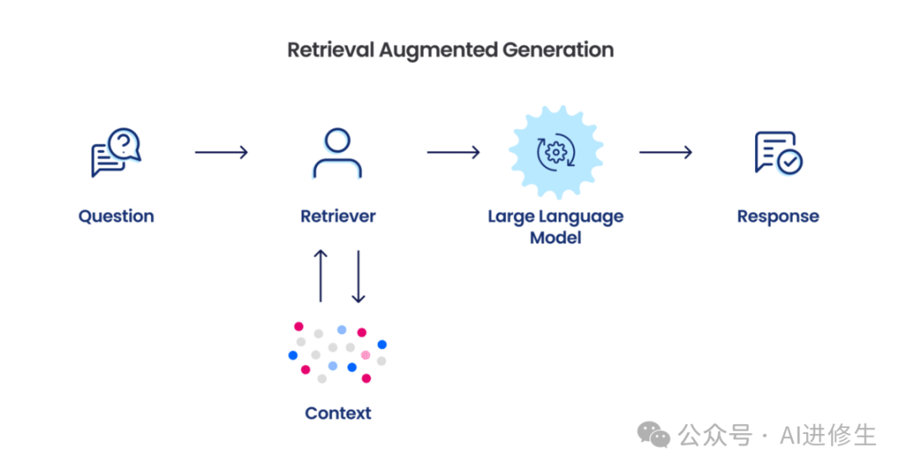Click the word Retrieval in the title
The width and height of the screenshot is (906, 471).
click(x=331, y=50)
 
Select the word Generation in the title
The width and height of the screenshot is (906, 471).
click(x=558, y=50)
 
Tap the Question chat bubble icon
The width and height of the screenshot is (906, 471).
click(x=116, y=152)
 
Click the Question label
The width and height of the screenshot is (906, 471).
click(x=116, y=216)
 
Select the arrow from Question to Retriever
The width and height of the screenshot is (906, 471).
click(x=221, y=152)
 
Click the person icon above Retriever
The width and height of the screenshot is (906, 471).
click(x=337, y=152)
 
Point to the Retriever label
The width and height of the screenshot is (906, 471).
click(x=337, y=216)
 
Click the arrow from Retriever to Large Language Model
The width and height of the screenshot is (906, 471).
click(x=453, y=152)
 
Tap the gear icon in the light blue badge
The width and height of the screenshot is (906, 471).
click(x=555, y=152)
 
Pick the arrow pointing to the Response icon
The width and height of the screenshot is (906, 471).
click(x=665, y=152)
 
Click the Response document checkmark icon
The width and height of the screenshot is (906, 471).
click(x=778, y=153)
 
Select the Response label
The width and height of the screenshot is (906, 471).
click(x=778, y=216)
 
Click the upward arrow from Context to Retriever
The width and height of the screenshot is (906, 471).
click(x=320, y=275)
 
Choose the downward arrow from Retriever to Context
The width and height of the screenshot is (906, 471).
click(x=358, y=275)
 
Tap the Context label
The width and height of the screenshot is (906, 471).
click(x=337, y=413)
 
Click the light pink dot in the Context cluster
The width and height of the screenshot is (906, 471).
click(x=366, y=355)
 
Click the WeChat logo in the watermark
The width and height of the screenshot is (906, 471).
click(x=653, y=435)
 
